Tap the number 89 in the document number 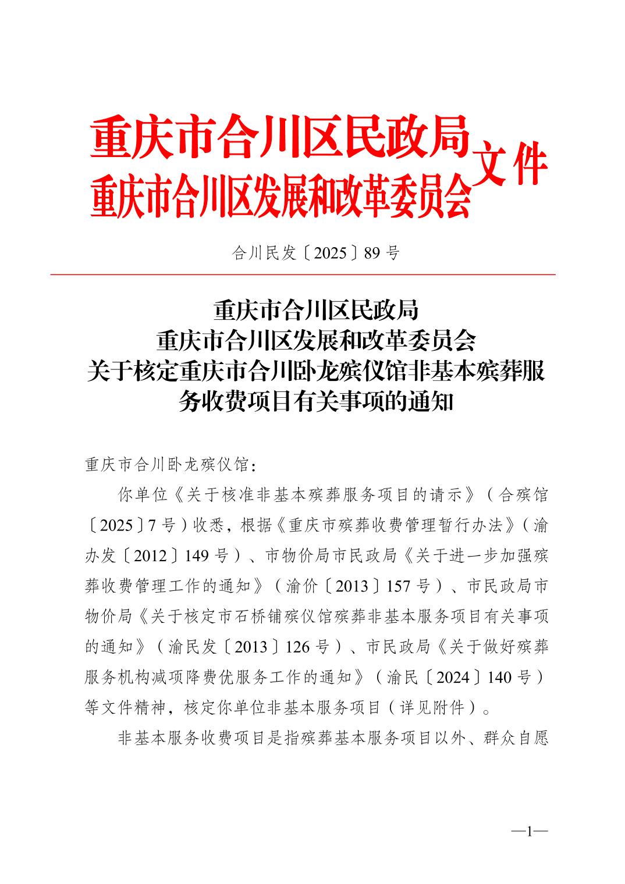pyautogui.click(x=373, y=253)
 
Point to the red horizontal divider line pyautogui.click(x=303, y=275)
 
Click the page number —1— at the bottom pyautogui.click(x=530, y=832)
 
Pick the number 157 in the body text pyautogui.click(x=399, y=586)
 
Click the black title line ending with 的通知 pyautogui.click(x=315, y=402)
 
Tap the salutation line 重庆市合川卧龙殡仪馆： pyautogui.click(x=170, y=465)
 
